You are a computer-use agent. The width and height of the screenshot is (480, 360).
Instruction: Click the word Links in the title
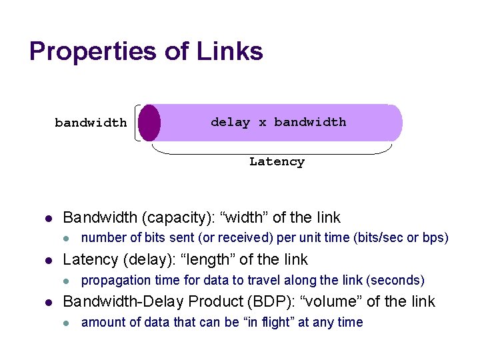(x=228, y=51)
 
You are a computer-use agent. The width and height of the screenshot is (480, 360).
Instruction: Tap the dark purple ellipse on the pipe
(x=150, y=123)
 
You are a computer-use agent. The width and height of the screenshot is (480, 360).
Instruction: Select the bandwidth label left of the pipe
(x=91, y=123)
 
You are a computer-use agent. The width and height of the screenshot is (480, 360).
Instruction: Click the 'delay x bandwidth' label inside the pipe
(x=278, y=122)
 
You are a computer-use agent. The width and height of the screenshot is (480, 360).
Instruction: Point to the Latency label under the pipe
(x=277, y=161)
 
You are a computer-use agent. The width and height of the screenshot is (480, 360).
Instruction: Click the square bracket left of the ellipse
(x=137, y=123)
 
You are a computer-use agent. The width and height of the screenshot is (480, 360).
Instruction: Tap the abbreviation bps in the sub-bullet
(x=434, y=238)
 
